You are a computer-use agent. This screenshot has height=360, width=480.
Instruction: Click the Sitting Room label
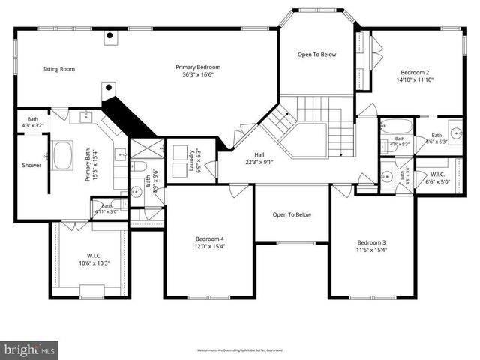(58, 69)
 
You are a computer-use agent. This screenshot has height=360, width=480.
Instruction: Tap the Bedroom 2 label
(415, 72)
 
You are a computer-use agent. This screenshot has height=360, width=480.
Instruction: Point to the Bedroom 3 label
(371, 242)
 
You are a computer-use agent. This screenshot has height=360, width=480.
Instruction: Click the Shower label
(31, 165)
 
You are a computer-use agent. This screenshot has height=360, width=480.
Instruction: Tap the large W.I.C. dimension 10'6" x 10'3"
(94, 262)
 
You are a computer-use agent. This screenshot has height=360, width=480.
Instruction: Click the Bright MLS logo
(30, 349)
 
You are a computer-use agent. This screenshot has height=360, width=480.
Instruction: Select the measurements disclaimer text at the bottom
(240, 350)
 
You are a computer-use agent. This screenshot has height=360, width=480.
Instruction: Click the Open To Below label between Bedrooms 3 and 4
(292, 214)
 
